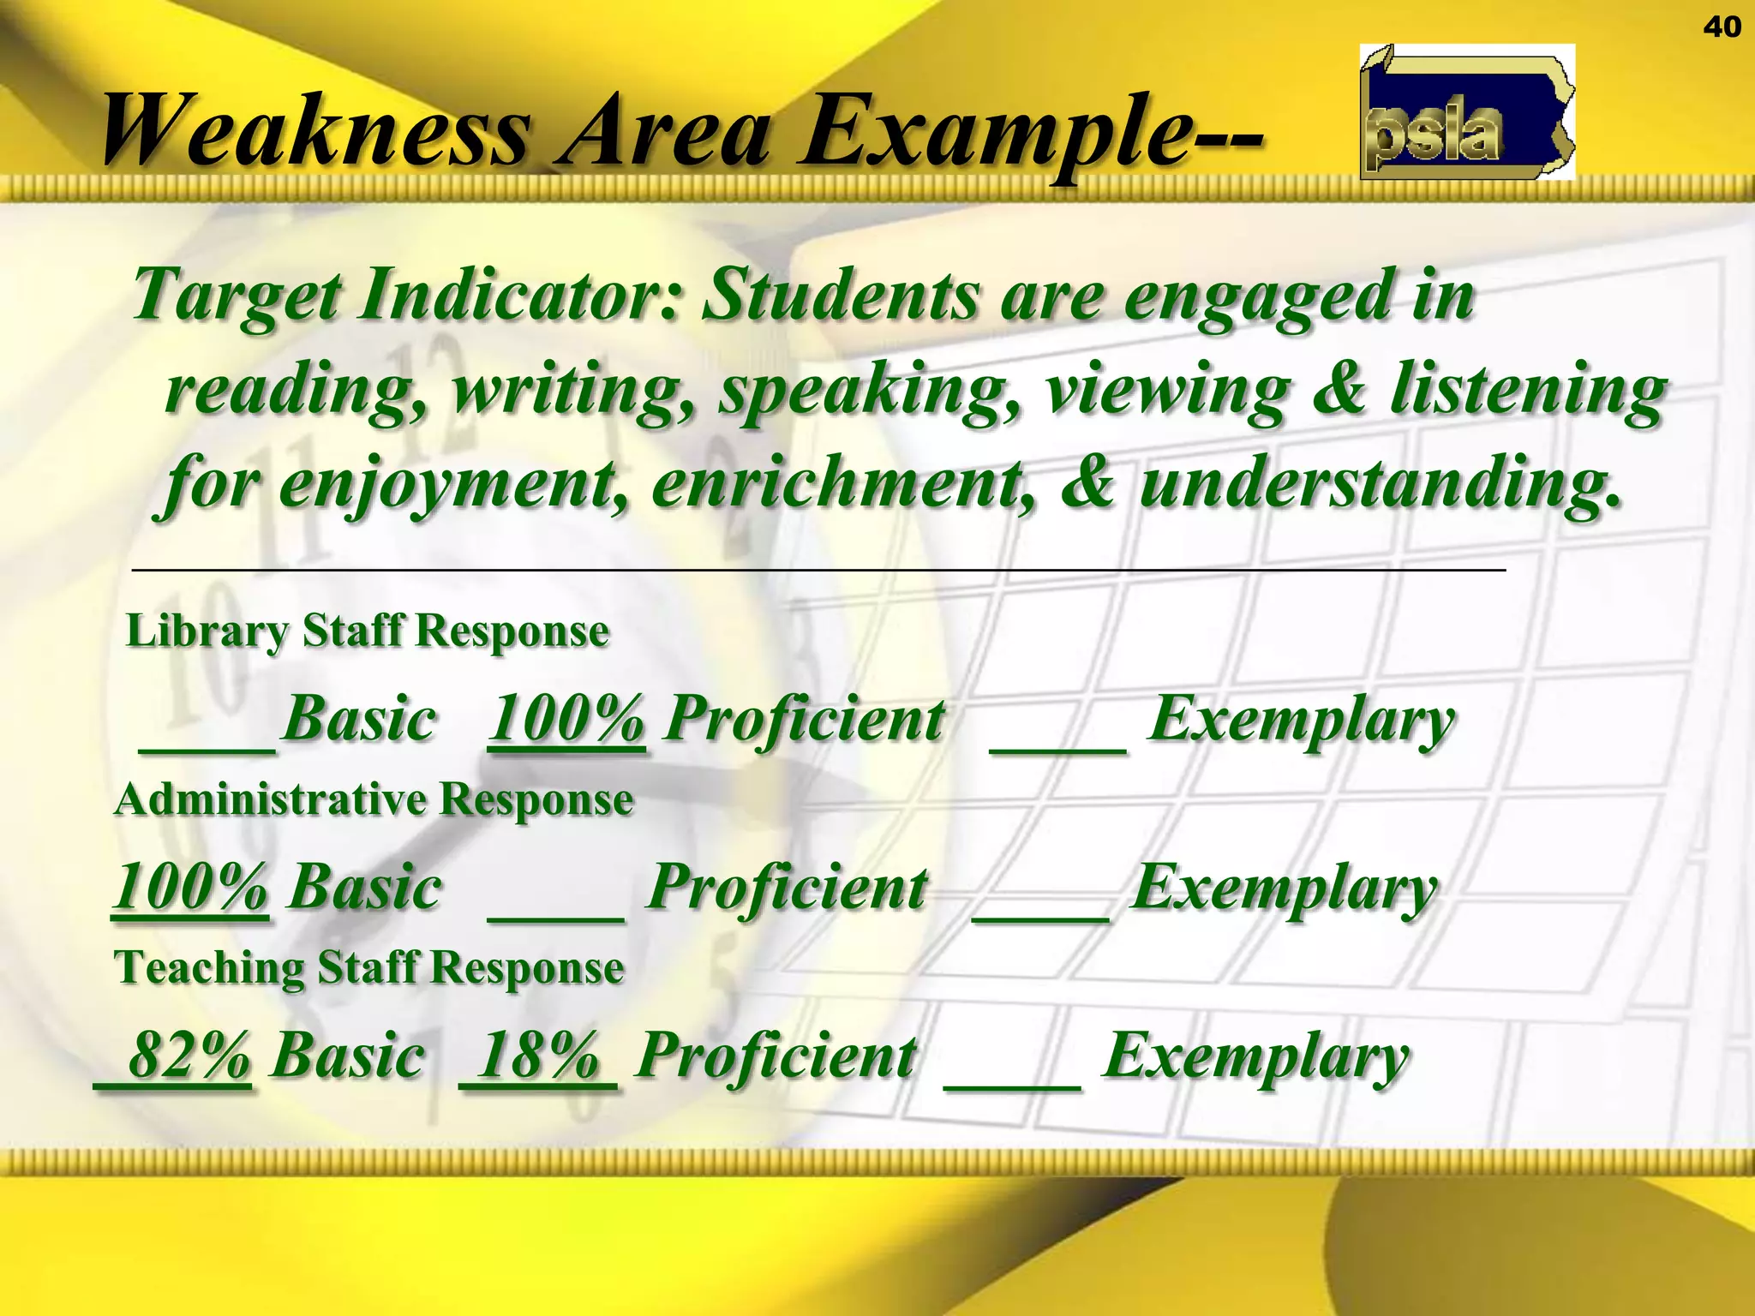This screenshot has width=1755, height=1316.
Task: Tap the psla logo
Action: pos(1466,112)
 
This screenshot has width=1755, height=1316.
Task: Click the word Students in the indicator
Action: pos(839,295)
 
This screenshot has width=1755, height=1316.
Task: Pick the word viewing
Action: pos(1167,390)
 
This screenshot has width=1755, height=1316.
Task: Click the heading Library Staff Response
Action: pos(368,631)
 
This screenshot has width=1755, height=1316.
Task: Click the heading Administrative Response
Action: pos(374,800)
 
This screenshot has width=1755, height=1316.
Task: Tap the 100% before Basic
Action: pos(190,887)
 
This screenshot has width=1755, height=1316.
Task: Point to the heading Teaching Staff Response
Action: pos(369,968)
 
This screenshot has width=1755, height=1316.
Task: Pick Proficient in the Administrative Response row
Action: pos(788,888)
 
